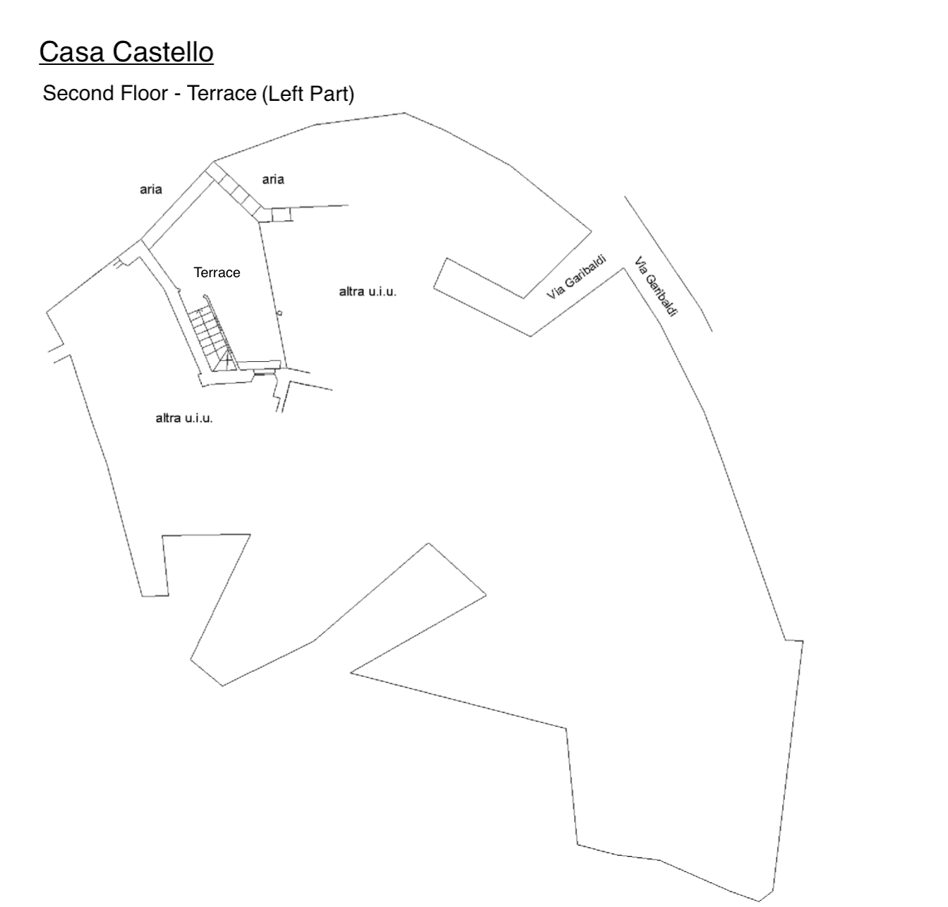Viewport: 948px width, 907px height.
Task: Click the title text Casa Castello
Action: point(126,52)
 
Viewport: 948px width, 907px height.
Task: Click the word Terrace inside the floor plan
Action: point(217,273)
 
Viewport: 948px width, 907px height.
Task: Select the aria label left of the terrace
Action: point(151,189)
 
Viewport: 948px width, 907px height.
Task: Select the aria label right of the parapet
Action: point(273,179)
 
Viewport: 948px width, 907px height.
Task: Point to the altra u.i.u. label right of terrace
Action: point(367,291)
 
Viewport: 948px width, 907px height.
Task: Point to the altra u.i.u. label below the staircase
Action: point(184,418)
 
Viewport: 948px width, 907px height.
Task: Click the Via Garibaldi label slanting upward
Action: point(577,276)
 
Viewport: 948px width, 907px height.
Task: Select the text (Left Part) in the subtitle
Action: point(308,94)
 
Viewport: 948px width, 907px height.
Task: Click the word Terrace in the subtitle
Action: point(221,94)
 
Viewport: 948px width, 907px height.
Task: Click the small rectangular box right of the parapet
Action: point(281,214)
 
